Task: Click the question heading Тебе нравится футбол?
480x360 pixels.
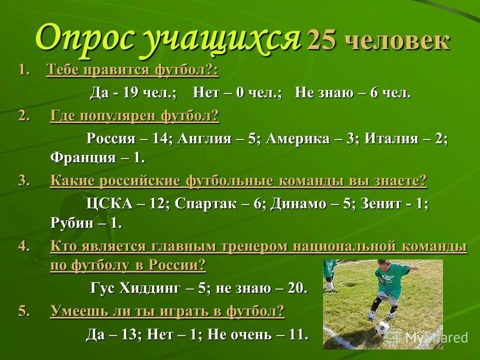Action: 132,70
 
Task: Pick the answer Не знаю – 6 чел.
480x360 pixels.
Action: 352,92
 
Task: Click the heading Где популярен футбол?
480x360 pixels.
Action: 134,116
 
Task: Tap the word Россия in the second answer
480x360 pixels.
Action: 111,138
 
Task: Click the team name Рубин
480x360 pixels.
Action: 71,223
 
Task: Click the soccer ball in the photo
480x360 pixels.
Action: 382,328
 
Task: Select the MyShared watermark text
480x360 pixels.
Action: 435,337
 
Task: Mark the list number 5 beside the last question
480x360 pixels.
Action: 22,311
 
